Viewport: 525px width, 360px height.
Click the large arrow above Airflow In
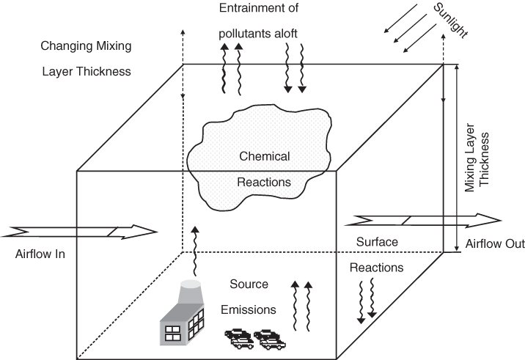79,232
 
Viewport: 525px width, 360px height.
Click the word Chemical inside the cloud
265,156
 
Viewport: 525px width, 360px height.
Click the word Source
249,284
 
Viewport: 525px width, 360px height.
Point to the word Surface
377,242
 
